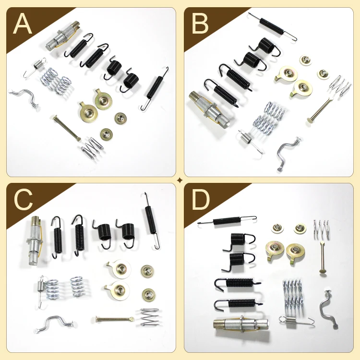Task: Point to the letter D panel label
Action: click(x=201, y=201)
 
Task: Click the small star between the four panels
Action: click(x=180, y=180)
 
